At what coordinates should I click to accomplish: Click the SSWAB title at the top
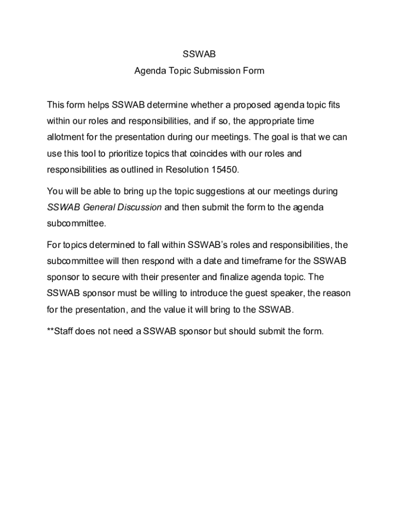199,54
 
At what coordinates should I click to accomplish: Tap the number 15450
225,170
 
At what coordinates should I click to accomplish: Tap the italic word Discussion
137,208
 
